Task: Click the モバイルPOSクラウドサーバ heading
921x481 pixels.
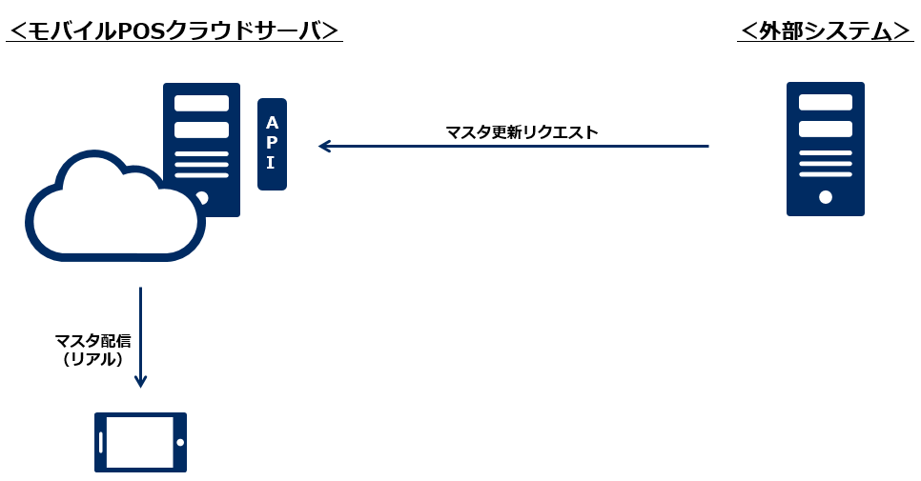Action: [174, 30]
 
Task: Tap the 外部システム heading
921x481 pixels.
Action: [826, 30]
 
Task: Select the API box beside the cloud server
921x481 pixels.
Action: [272, 144]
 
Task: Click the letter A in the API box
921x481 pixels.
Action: [272, 123]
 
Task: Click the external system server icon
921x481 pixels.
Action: [825, 149]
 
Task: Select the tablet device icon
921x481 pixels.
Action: [140, 443]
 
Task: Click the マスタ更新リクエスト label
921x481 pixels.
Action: [522, 132]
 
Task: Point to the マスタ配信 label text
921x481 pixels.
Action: [92, 341]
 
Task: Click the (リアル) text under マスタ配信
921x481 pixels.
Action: [92, 359]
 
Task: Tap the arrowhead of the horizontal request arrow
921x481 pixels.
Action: [324, 147]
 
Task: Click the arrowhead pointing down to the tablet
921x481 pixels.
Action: [141, 381]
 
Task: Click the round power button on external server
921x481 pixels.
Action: [826, 197]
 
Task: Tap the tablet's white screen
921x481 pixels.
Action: [139, 443]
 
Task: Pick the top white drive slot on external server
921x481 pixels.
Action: [826, 102]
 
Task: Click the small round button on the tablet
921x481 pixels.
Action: [179, 443]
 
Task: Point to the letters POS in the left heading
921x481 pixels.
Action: [141, 30]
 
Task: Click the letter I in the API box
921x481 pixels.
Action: [271, 163]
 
